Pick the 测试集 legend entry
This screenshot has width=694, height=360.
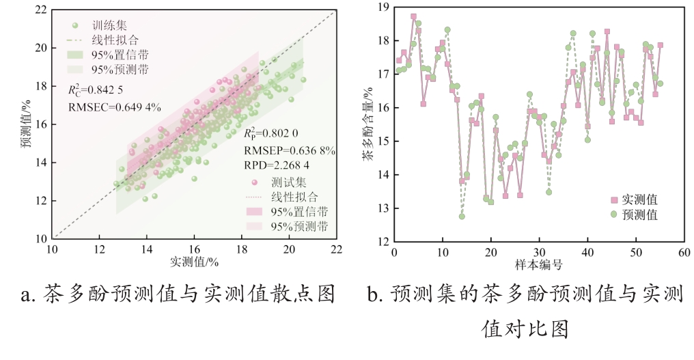click(x=288, y=182)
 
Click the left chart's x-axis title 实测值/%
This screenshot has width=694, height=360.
click(x=194, y=262)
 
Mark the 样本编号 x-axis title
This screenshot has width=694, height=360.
click(x=538, y=264)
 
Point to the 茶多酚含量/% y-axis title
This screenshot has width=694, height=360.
click(x=368, y=125)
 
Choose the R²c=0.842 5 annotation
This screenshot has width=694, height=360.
click(x=96, y=89)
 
